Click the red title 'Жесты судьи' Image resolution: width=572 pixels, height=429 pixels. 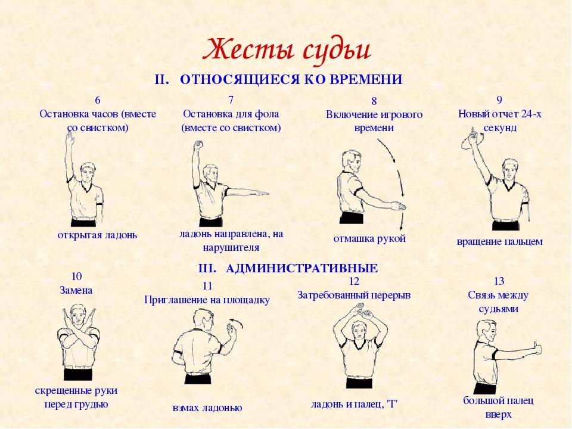[287, 50]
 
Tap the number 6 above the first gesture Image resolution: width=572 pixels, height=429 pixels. [97, 100]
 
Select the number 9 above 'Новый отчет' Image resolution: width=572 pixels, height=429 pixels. [499, 100]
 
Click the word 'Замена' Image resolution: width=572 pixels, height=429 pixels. [76, 290]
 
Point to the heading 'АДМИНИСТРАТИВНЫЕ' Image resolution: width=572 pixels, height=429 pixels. [301, 269]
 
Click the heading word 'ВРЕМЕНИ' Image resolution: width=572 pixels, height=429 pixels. [366, 79]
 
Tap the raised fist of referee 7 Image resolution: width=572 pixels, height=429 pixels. [198, 145]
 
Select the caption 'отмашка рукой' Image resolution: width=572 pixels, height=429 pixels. [369, 238]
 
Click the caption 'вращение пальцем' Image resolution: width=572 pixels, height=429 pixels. [499, 241]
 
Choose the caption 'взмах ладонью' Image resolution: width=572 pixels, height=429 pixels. [207, 408]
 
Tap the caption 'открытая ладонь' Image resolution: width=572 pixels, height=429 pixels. [97, 235]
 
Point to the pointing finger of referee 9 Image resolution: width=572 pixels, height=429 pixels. [472, 131]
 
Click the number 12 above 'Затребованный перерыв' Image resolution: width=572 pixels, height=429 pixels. [354, 281]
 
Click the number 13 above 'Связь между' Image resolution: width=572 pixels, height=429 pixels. [499, 281]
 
